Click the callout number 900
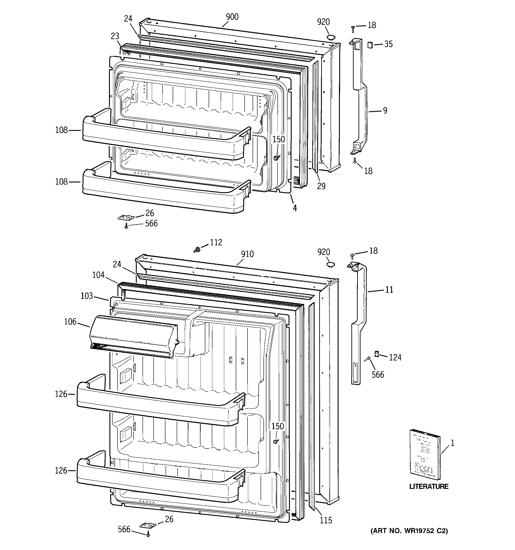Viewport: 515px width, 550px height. (232, 17)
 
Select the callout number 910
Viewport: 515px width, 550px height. (247, 254)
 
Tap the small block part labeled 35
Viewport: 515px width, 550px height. (370, 44)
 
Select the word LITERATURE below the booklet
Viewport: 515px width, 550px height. (429, 486)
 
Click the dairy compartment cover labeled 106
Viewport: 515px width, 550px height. (133, 336)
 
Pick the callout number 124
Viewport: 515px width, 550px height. (395, 358)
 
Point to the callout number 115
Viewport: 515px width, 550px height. (326, 520)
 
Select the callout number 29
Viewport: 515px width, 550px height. (321, 186)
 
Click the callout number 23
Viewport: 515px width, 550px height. (115, 36)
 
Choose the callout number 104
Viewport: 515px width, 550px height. (98, 275)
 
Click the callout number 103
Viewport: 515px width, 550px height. (87, 296)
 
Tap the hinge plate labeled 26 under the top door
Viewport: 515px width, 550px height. (126, 218)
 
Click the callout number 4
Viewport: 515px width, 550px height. (295, 208)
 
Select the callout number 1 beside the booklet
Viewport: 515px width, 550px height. (452, 443)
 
